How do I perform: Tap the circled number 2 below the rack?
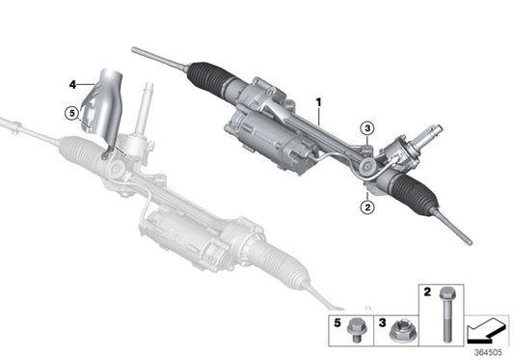click(367, 205)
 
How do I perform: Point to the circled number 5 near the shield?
click(70, 113)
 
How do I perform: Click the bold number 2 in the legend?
click(425, 291)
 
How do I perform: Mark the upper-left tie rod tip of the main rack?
click(135, 49)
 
